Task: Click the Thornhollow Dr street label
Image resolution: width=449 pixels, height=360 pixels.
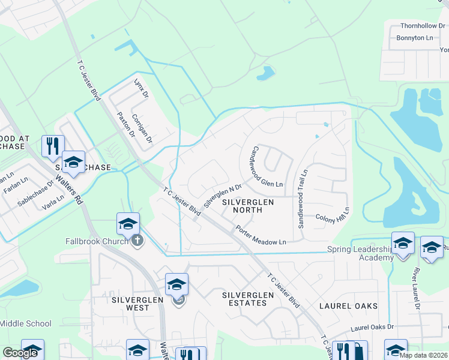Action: [x=423, y=26]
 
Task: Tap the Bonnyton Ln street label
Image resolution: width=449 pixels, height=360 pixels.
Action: [x=415, y=38]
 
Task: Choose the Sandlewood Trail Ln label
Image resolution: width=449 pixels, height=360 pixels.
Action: [x=302, y=198]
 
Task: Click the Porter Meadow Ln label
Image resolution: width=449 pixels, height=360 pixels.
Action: [x=261, y=235]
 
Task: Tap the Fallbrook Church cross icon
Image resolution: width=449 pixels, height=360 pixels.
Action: [x=138, y=241]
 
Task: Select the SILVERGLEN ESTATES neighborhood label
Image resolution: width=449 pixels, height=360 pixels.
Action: [x=244, y=299]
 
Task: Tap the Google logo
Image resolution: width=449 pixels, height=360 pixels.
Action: [x=20, y=353]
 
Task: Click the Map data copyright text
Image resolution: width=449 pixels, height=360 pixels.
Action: [x=423, y=355]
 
